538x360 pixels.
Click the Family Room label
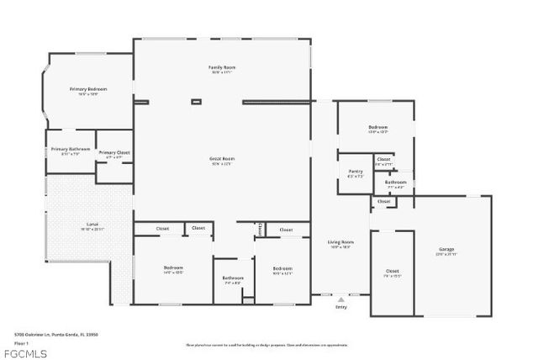pos(222,66)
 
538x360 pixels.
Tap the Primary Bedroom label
pos(88,88)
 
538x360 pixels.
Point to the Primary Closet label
pos(114,152)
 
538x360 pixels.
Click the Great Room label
pos(222,158)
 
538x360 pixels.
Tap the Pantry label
pos(356,172)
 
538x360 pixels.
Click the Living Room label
pos(340,242)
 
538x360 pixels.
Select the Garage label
pos(446,250)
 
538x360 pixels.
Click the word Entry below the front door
pos(340,307)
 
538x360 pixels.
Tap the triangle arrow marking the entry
pos(340,298)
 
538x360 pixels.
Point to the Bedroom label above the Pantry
pos(377,127)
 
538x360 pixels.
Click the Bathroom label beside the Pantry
pos(395,182)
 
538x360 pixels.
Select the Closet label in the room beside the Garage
pos(392,271)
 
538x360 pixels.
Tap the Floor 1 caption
pos(22,343)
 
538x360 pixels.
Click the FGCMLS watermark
pos(24,354)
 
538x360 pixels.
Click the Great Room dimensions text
pos(222,163)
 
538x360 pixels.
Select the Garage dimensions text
pos(446,255)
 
